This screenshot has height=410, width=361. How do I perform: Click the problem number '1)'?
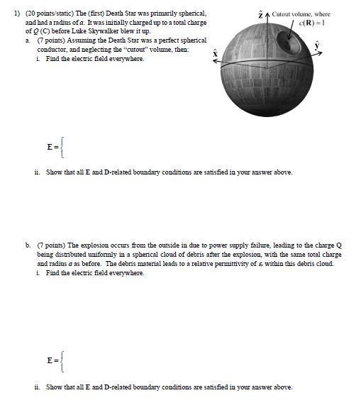click(x=9, y=14)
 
